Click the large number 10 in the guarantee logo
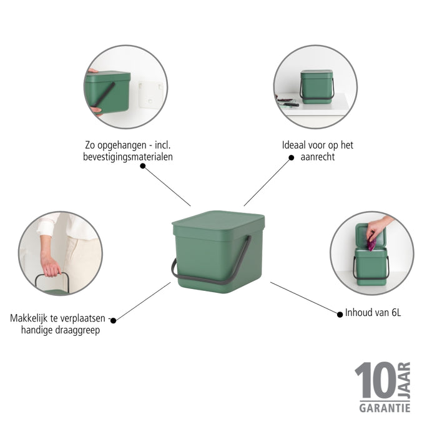click(375, 380)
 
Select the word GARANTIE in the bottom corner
click(385, 408)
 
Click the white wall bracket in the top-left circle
click(150, 94)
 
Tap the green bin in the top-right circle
click(317, 86)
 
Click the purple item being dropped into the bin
click(371, 245)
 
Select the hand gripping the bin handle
click(50, 265)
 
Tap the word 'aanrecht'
click(317, 157)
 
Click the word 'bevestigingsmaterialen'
click(128, 157)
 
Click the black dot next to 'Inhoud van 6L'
click(340, 313)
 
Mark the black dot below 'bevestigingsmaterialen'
click(143, 166)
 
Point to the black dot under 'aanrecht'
click(291, 158)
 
